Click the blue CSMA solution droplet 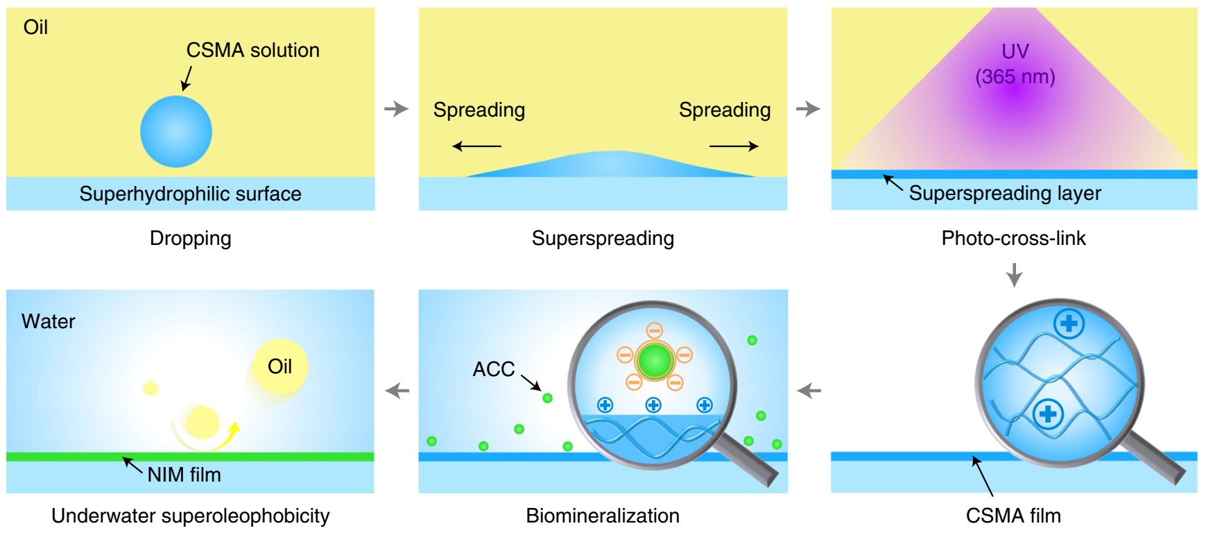pyautogui.click(x=175, y=132)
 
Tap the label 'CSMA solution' pyautogui.click(x=252, y=50)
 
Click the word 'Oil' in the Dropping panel pyautogui.click(x=35, y=27)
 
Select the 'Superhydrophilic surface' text pyautogui.click(x=190, y=194)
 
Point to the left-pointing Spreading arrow pyautogui.click(x=476, y=146)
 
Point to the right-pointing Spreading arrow pyautogui.click(x=734, y=146)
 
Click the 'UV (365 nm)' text pyautogui.click(x=1015, y=64)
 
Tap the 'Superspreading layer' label pyautogui.click(x=1004, y=193)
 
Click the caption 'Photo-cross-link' pyautogui.click(x=1013, y=238)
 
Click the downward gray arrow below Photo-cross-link pyautogui.click(x=1014, y=275)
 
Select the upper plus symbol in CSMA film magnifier pyautogui.click(x=1069, y=323)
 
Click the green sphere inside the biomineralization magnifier pyautogui.click(x=655, y=360)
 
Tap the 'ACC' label pyautogui.click(x=493, y=369)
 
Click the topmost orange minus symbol pyautogui.click(x=654, y=330)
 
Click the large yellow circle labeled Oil pyautogui.click(x=279, y=366)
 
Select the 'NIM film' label pyautogui.click(x=184, y=475)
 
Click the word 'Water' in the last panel pyautogui.click(x=48, y=321)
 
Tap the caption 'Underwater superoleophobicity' pyautogui.click(x=190, y=516)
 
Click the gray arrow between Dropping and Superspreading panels pyautogui.click(x=397, y=109)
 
